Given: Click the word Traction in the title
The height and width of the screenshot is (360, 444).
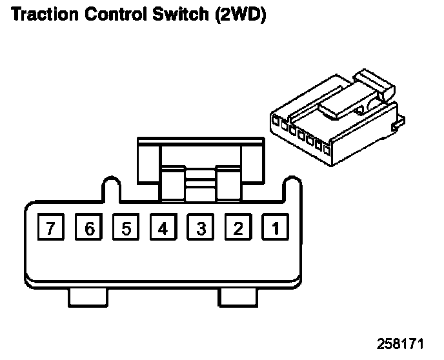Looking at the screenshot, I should pos(42,14).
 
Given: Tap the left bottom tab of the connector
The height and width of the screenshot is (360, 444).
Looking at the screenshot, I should pos(86,297).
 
